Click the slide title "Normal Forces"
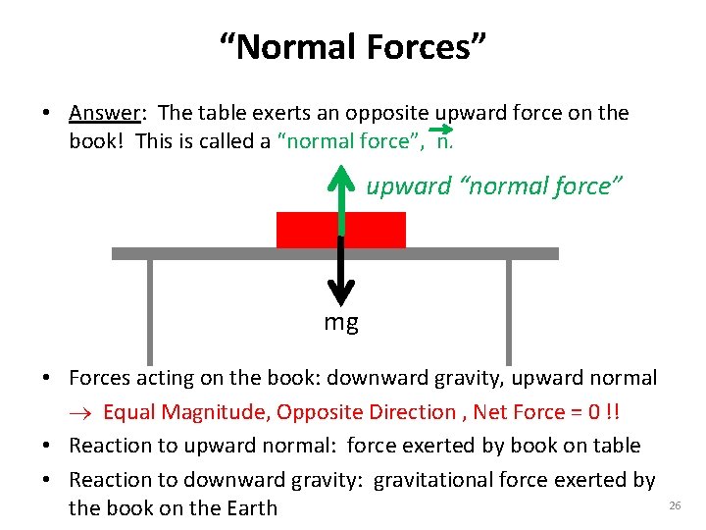tap(352, 46)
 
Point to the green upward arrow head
tap(340, 177)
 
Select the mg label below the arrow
tap(341, 322)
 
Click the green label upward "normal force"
tap(493, 186)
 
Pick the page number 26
tap(674, 504)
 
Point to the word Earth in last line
tap(249, 508)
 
